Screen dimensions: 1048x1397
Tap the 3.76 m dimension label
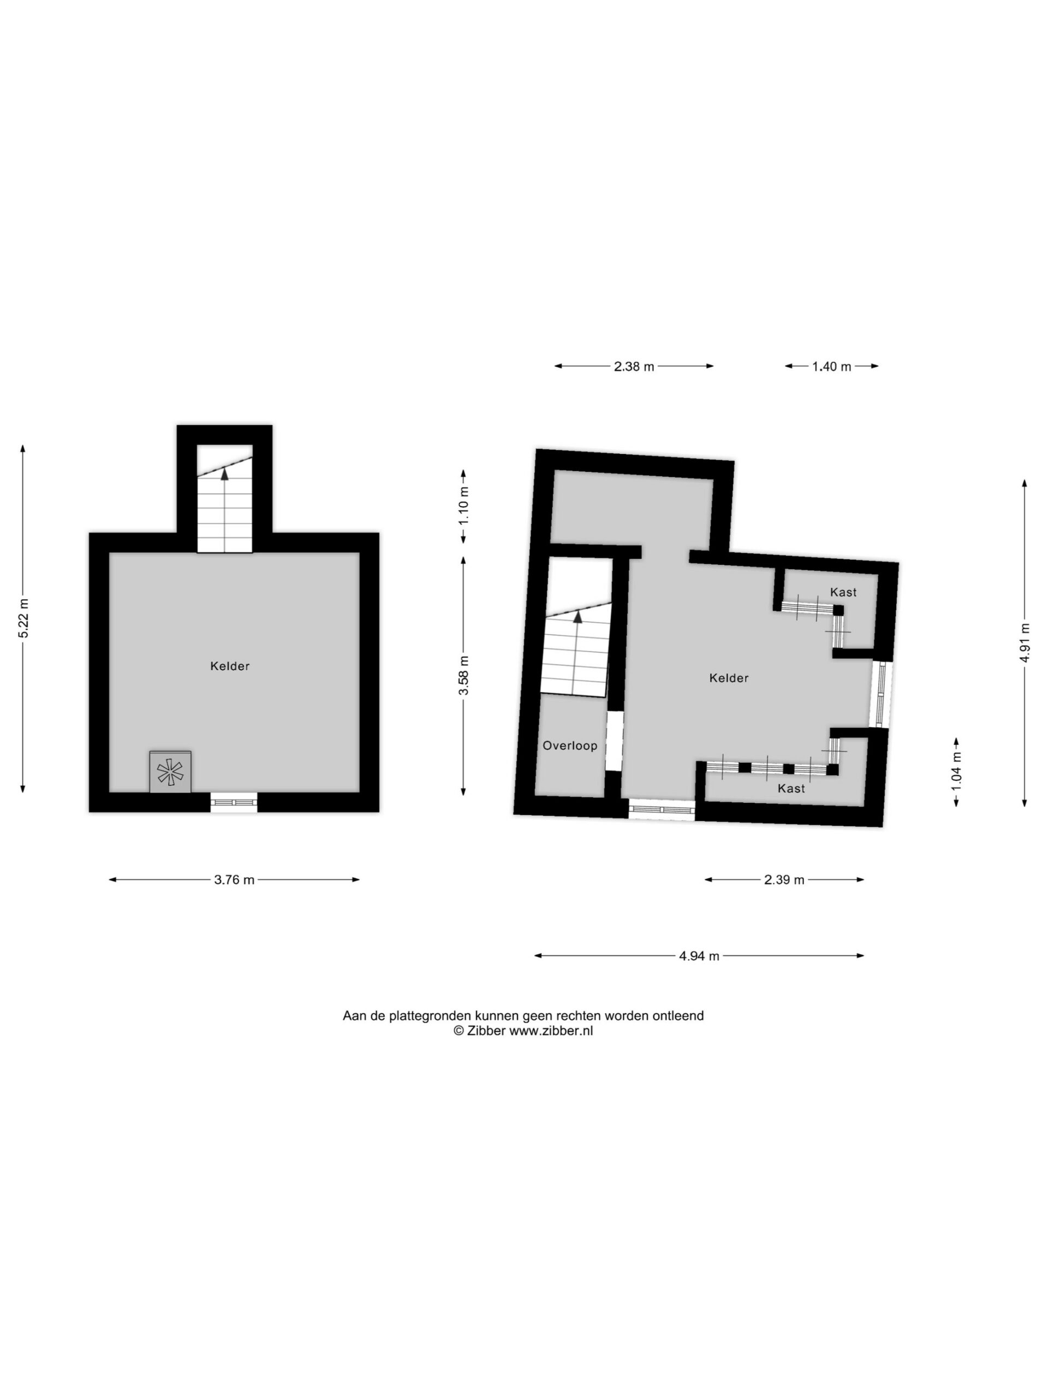234,880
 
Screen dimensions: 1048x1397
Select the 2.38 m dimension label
634,366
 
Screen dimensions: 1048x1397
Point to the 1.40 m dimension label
831,366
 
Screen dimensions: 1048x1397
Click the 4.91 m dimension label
1025,642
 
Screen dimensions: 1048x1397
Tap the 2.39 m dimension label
784,880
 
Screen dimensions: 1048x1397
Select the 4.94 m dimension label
699,956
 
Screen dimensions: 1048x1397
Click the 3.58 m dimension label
465,675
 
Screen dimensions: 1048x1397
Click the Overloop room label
570,746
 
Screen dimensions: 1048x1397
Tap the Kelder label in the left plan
230,666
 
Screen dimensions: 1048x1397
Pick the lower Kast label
791,788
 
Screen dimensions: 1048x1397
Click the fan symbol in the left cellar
170,772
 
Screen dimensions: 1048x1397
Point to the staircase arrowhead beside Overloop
577,617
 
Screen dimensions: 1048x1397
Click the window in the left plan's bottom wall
234,802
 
